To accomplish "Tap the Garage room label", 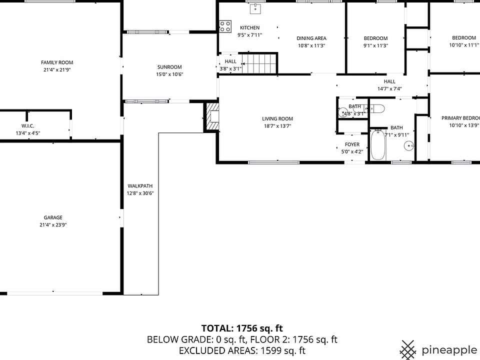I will click(53, 217).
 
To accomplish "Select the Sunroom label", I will click(169, 67).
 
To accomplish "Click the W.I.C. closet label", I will click(27, 125).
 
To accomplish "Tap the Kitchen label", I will click(250, 27).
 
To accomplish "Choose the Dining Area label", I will click(311, 38).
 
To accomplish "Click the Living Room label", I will click(277, 119).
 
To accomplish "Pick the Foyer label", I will click(352, 144).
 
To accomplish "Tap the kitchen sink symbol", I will click(256, 8).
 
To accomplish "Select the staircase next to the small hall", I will click(260, 63).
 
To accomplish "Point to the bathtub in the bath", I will click(378, 145).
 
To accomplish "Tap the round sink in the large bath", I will click(409, 146).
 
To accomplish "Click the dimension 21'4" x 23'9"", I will click(53, 225).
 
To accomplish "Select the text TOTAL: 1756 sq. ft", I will click(242, 328).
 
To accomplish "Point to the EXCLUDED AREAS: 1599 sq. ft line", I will click(242, 350).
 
